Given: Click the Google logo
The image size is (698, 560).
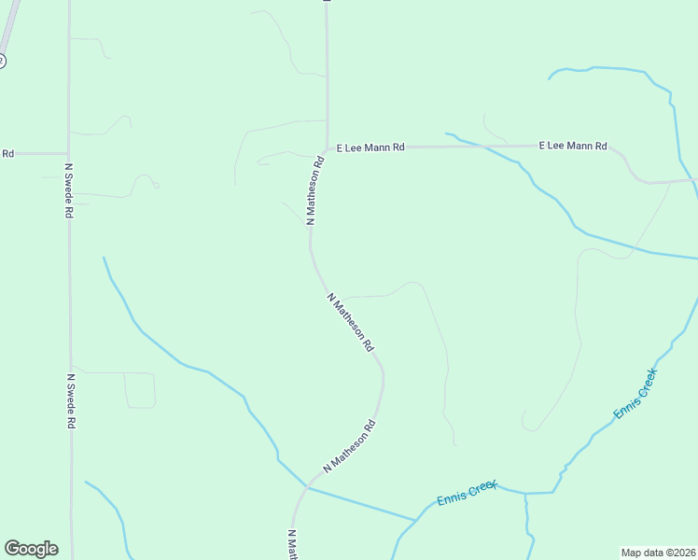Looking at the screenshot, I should (x=31, y=549).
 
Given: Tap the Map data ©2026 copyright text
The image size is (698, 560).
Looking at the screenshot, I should (x=659, y=552).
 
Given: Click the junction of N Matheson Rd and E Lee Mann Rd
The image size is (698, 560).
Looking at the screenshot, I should (x=326, y=147).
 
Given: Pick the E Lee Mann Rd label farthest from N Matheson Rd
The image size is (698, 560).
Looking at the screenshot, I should (x=573, y=146).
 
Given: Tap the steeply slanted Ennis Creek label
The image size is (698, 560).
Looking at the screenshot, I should (x=635, y=393).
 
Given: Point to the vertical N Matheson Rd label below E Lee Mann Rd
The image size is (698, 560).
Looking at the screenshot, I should (x=315, y=190).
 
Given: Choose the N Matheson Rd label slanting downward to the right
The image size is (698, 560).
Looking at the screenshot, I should (x=351, y=322).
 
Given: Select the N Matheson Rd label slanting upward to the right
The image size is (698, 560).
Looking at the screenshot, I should (x=349, y=445).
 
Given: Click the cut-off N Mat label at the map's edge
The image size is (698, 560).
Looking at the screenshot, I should (x=291, y=544).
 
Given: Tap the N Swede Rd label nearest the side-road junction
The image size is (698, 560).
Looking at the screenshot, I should (x=68, y=190).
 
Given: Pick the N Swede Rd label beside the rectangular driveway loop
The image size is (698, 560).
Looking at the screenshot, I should (x=70, y=401).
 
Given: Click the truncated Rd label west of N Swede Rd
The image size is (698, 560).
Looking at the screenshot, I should (x=7, y=153).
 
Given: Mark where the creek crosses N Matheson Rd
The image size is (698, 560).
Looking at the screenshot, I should (x=307, y=486).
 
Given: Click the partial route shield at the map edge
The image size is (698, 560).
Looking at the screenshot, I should (x=2, y=61).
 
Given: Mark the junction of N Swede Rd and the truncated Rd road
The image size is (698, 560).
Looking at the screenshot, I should (x=68, y=153).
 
